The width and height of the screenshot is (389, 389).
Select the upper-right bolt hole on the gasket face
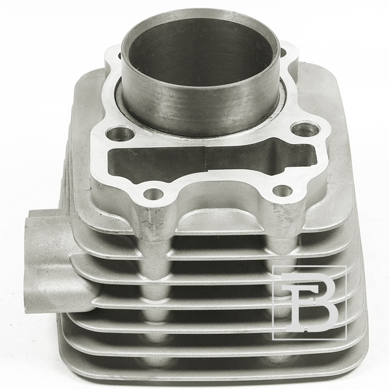tap(305, 128)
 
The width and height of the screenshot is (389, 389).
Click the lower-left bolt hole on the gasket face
tap(153, 193)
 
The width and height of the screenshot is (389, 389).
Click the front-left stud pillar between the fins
tap(152, 273)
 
